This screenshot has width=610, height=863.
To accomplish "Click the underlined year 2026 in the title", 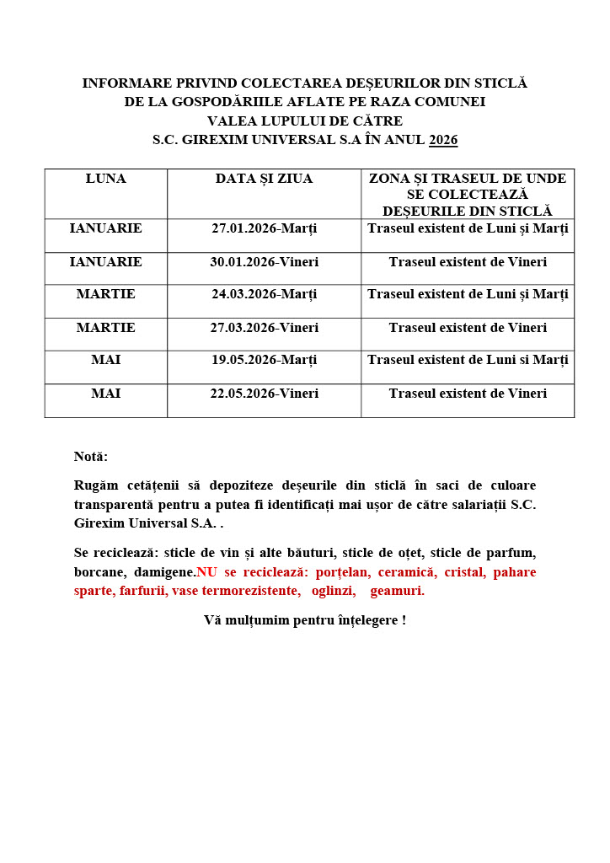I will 443,140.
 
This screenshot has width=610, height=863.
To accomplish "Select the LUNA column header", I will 105,179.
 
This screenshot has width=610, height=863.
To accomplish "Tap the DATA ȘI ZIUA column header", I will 264,179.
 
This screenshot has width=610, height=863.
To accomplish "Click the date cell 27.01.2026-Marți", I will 264,228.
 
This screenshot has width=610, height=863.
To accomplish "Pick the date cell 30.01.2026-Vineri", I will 264,262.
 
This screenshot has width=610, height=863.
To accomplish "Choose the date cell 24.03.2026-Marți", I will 264,294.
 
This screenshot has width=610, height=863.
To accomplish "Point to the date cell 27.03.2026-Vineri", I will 264,328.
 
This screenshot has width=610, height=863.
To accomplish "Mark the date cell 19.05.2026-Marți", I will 264,360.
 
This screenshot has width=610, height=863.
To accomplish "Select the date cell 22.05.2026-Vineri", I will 264,394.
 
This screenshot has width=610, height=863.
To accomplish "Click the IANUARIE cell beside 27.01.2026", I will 105,228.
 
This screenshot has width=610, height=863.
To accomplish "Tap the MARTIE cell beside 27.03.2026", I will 105,328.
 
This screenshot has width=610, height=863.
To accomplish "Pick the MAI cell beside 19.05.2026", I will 105,360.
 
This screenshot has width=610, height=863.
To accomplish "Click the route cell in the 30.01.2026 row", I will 468,262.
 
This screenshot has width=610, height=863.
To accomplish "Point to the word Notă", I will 91,457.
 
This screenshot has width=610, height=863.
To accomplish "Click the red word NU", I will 206,572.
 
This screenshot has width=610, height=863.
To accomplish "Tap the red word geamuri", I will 397,591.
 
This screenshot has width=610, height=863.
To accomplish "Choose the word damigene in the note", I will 164,572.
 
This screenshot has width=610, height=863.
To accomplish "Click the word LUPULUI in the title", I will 294,121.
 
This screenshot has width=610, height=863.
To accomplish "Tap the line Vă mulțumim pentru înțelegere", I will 304,620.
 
